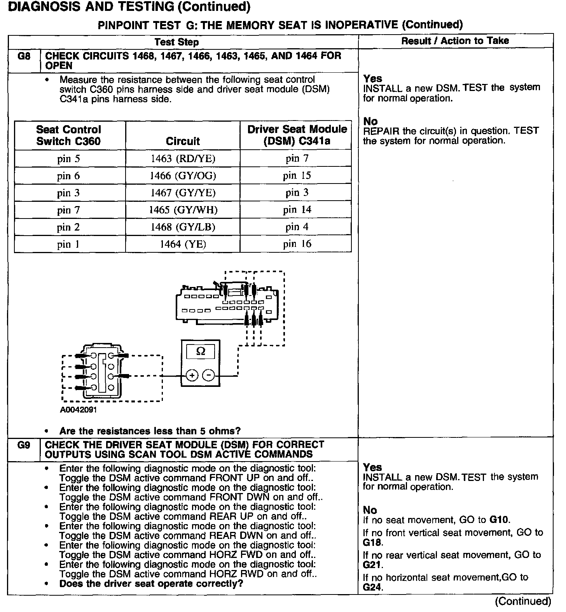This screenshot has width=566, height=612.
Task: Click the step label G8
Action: [24, 56]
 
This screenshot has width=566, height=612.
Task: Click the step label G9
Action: [24, 445]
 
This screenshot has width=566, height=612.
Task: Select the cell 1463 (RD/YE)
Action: [183, 159]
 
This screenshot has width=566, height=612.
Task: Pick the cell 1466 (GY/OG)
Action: [183, 176]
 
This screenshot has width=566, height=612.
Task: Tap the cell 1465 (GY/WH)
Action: [183, 210]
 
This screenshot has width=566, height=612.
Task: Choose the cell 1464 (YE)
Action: [183, 244]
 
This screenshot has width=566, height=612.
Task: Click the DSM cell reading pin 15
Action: [297, 176]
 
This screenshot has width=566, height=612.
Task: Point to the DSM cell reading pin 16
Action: [297, 244]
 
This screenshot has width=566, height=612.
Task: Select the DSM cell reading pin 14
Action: [297, 210]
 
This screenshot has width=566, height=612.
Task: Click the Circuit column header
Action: [183, 141]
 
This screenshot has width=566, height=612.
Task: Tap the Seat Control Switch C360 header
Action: [69, 135]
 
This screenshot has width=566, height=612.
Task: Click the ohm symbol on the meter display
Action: [201, 352]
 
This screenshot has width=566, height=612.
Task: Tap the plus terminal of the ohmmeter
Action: [192, 376]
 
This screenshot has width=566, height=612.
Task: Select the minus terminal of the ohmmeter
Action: [209, 376]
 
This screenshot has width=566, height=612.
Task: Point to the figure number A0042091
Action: [79, 410]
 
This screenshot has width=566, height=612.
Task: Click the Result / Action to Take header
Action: [455, 41]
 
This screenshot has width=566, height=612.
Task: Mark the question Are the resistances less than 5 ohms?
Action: [150, 431]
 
